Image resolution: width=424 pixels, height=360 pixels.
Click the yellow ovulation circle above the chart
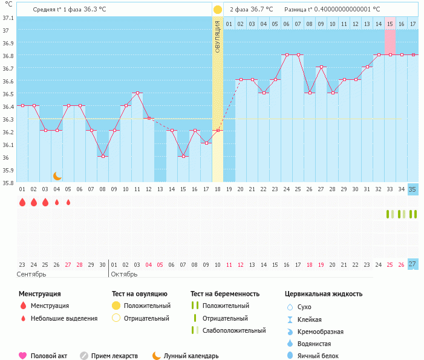tap(217, 10)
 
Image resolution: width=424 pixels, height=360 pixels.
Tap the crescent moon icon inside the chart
tap(57, 175)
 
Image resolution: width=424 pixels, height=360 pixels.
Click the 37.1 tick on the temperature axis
tap(8, 18)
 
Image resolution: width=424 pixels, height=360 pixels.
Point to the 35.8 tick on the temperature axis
tap(8, 182)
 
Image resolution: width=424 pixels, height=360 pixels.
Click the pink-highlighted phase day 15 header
tap(390, 24)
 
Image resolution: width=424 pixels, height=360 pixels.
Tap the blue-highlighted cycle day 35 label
tap(413, 189)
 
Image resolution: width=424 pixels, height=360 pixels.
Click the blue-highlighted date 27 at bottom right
tap(413, 264)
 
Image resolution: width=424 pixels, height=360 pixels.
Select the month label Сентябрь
tap(32, 274)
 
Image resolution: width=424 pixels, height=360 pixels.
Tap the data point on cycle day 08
tap(103, 156)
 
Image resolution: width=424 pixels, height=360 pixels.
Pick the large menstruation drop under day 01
tap(22, 203)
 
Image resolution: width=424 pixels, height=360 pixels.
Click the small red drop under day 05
tap(68, 203)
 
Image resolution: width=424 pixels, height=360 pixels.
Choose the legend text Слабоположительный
tap(234, 330)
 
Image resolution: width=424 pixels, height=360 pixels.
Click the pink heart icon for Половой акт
tap(23, 356)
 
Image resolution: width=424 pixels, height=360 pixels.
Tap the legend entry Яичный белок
tap(318, 356)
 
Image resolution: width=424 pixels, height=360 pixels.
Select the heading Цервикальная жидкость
tap(324, 294)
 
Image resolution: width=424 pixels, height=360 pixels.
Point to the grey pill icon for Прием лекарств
tap(84, 356)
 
